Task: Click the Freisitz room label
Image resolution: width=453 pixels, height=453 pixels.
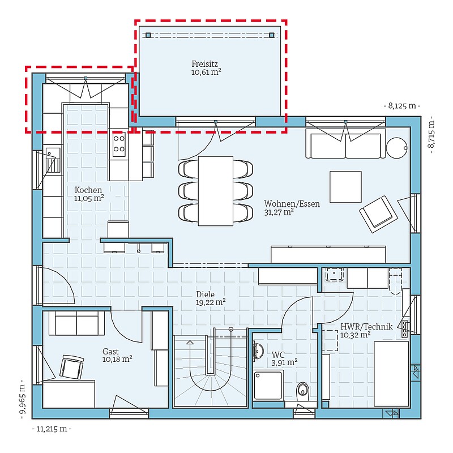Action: pyautogui.click(x=206, y=68)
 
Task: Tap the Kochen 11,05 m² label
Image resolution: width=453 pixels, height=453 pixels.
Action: pyautogui.click(x=89, y=194)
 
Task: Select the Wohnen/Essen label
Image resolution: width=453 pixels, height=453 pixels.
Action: pyautogui.click(x=292, y=208)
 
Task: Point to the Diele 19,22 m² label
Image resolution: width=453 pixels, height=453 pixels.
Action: pyautogui.click(x=211, y=298)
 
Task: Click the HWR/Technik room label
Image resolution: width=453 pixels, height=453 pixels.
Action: pyautogui.click(x=366, y=331)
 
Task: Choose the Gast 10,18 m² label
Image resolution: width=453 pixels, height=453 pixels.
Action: pyautogui.click(x=117, y=356)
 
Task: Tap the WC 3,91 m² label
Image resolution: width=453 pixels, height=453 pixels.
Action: pyautogui.click(x=284, y=358)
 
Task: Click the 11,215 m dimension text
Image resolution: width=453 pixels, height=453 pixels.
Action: pyautogui.click(x=52, y=429)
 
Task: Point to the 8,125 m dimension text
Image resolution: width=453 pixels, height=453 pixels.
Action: pyautogui.click(x=402, y=106)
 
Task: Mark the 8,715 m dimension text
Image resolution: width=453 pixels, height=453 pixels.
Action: pyautogui.click(x=431, y=135)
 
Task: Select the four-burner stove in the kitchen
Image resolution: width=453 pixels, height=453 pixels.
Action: pyautogui.click(x=119, y=144)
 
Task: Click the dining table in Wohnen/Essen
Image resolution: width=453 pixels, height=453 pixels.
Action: pyautogui.click(x=216, y=191)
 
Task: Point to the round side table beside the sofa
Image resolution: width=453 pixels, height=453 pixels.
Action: pyautogui.click(x=397, y=148)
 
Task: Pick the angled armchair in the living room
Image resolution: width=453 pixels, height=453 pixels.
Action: pyautogui.click(x=378, y=214)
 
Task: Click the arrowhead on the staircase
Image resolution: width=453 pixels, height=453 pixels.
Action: pyautogui.click(x=190, y=343)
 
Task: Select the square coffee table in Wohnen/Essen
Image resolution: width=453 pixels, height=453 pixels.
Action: pyautogui.click(x=345, y=187)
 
